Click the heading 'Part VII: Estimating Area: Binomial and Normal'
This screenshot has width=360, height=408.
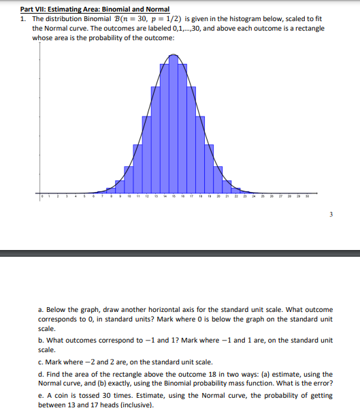click(x=95, y=8)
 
